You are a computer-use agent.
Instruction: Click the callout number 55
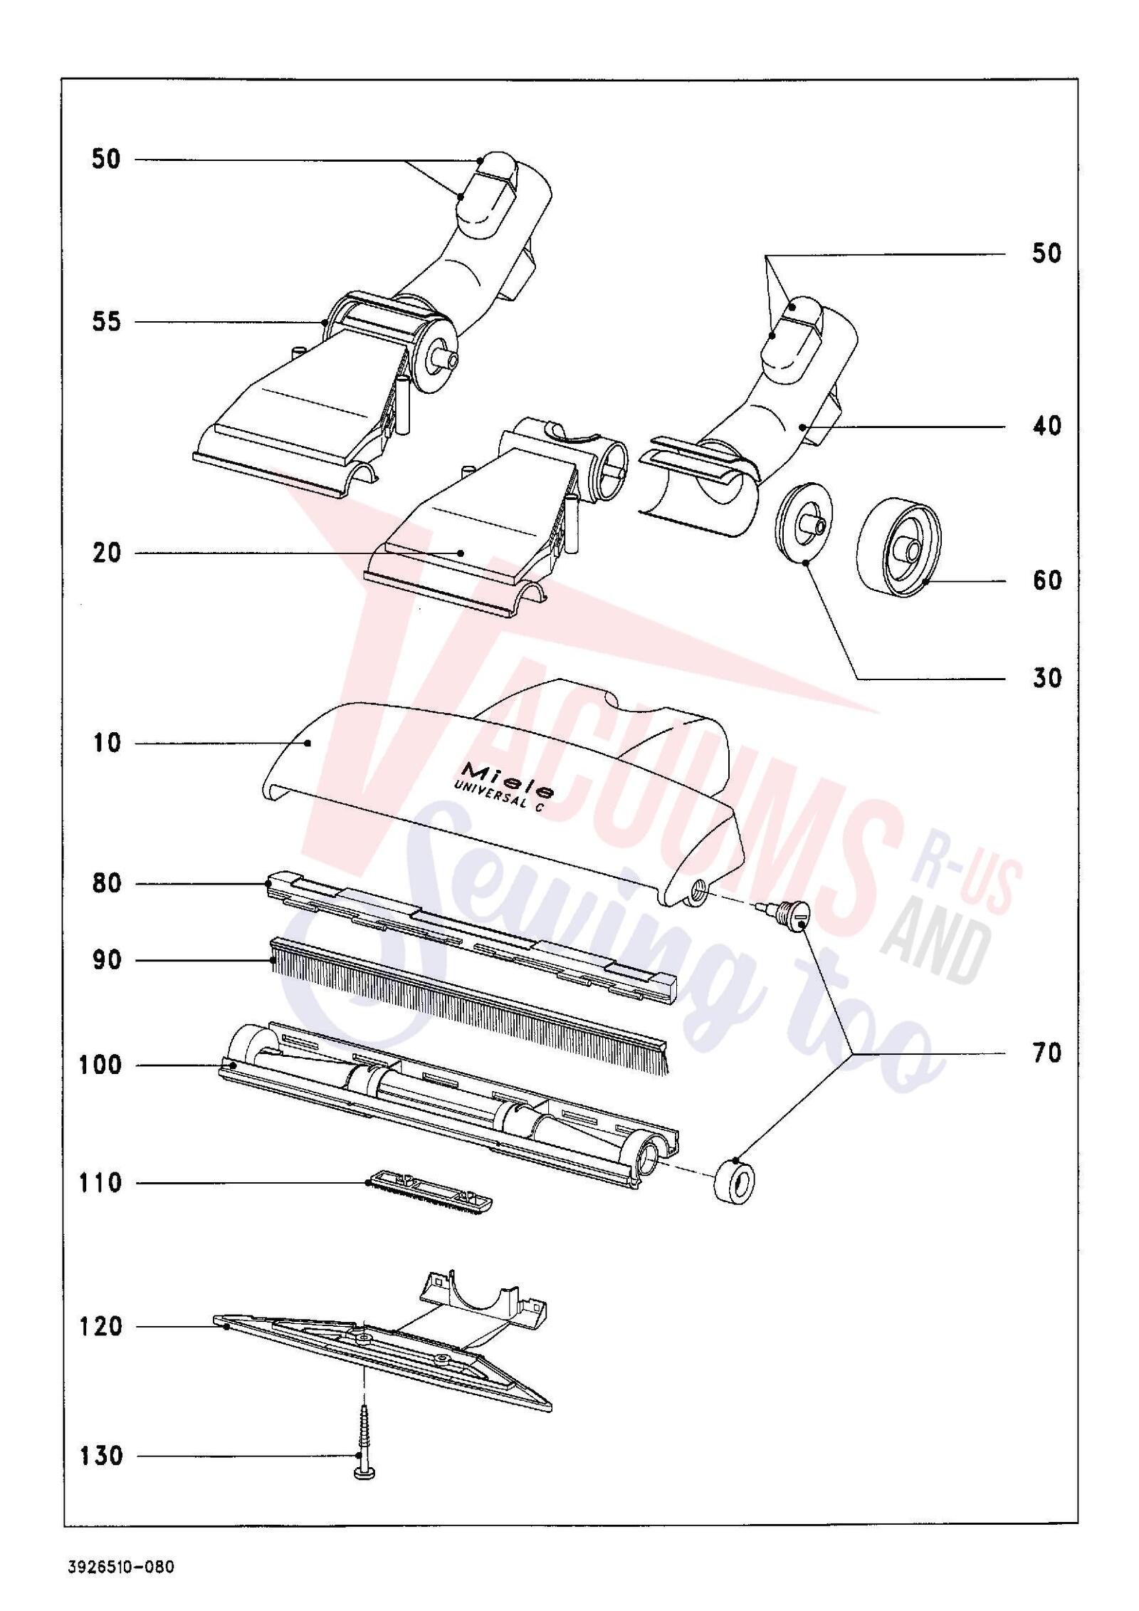(x=107, y=323)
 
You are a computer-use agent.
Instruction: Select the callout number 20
(x=107, y=553)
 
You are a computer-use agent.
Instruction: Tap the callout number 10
(x=107, y=744)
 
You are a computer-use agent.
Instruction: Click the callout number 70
(x=1046, y=1053)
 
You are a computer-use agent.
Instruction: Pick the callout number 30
(x=1046, y=678)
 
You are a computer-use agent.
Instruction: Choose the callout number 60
(x=1046, y=581)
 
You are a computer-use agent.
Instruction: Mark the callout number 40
(x=1046, y=426)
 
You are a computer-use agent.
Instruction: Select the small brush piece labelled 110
(x=429, y=1196)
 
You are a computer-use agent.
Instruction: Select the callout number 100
(x=101, y=1065)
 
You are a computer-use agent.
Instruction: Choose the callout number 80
(x=107, y=884)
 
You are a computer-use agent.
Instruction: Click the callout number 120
(x=101, y=1327)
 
